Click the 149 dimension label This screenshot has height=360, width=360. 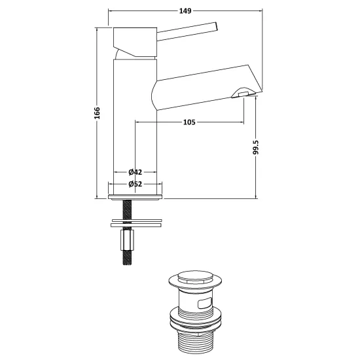point(185,10)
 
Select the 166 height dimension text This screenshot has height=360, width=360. point(97,113)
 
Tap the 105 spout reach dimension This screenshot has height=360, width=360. point(189,122)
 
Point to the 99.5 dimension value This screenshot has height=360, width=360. point(256,147)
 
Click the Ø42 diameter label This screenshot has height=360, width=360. point(135,171)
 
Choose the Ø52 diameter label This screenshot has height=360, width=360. point(135,184)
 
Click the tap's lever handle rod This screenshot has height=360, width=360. point(187,31)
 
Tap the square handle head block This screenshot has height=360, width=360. point(135,42)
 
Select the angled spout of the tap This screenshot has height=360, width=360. point(207,87)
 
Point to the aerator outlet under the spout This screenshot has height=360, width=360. point(243,93)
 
